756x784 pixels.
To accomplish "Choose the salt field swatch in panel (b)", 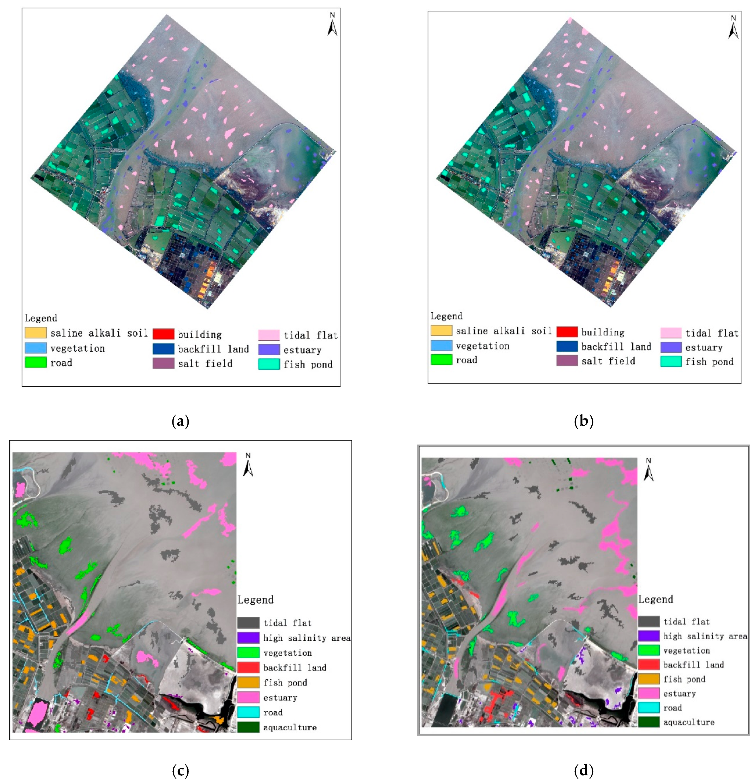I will (567, 360).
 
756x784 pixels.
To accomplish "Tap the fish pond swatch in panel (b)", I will (671, 361).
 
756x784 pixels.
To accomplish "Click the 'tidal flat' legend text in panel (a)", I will (311, 335).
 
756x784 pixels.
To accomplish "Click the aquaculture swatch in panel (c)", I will (248, 727).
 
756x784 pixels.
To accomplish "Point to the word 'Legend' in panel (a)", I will (41, 318).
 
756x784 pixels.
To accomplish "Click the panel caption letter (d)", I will (583, 770).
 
